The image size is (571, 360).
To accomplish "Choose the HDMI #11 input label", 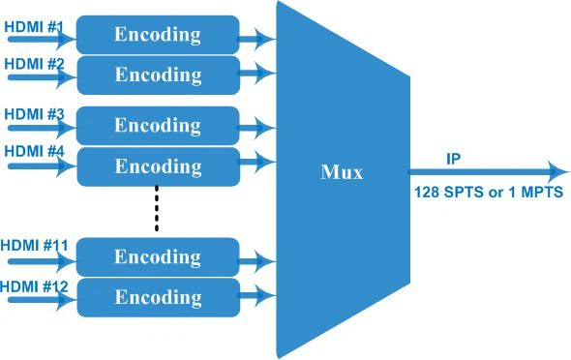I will [36, 246].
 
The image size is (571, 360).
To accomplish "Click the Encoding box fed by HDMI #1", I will [157, 35].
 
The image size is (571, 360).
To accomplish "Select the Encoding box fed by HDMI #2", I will [157, 74].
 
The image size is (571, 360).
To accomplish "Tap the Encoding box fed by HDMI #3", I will [157, 125].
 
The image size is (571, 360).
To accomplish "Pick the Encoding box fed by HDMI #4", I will [157, 166].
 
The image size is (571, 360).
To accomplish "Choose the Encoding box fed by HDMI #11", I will [157, 256].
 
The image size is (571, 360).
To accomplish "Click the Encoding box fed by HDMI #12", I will [157, 297].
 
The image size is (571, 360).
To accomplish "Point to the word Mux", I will [342, 173].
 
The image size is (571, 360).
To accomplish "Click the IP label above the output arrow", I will [453, 157].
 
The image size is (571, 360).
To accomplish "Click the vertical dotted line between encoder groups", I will [156, 210].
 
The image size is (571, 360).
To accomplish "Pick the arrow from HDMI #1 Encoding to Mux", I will [257, 39].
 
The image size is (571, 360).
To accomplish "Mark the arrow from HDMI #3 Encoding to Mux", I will [257, 127].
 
